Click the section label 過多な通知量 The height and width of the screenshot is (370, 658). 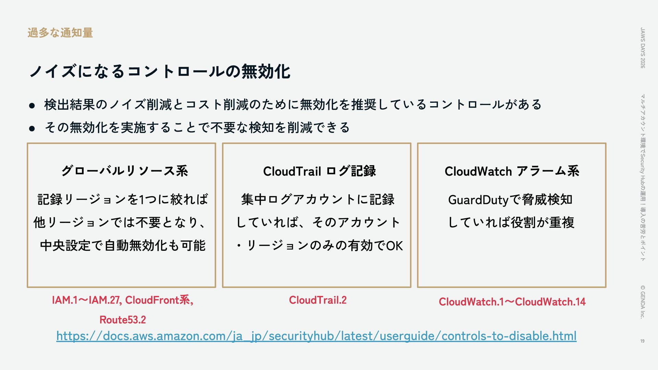pyautogui.click(x=60, y=33)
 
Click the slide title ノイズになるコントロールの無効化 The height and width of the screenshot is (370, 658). pyautogui.click(x=160, y=72)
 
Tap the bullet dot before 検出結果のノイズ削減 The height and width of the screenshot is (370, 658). pyautogui.click(x=32, y=106)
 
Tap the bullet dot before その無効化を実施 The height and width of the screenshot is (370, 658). pyautogui.click(x=32, y=129)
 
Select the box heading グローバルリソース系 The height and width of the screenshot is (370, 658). pyautogui.click(x=124, y=171)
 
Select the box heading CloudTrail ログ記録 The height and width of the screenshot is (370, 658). pyautogui.click(x=319, y=171)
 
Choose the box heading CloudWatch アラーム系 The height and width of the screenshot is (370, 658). pyautogui.click(x=512, y=171)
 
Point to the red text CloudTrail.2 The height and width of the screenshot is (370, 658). pyautogui.click(x=318, y=300)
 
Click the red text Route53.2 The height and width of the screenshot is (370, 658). pyautogui.click(x=123, y=320)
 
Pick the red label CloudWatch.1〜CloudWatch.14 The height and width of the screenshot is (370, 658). pyautogui.click(x=512, y=302)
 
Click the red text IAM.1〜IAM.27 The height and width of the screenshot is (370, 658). pyautogui.click(x=86, y=300)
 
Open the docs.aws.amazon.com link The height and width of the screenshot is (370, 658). pyautogui.click(x=316, y=336)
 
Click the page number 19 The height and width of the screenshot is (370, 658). pyautogui.click(x=642, y=341)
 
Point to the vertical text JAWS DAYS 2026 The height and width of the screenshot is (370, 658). pyautogui.click(x=643, y=48)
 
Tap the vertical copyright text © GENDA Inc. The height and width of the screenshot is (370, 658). pyautogui.click(x=643, y=302)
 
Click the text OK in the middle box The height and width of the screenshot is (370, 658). pyautogui.click(x=394, y=246)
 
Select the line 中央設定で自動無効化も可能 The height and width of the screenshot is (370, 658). pyautogui.click(x=123, y=246)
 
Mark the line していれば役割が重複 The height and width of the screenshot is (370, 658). pyautogui.click(x=511, y=223)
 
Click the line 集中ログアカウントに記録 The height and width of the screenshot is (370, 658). pyautogui.click(x=318, y=200)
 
